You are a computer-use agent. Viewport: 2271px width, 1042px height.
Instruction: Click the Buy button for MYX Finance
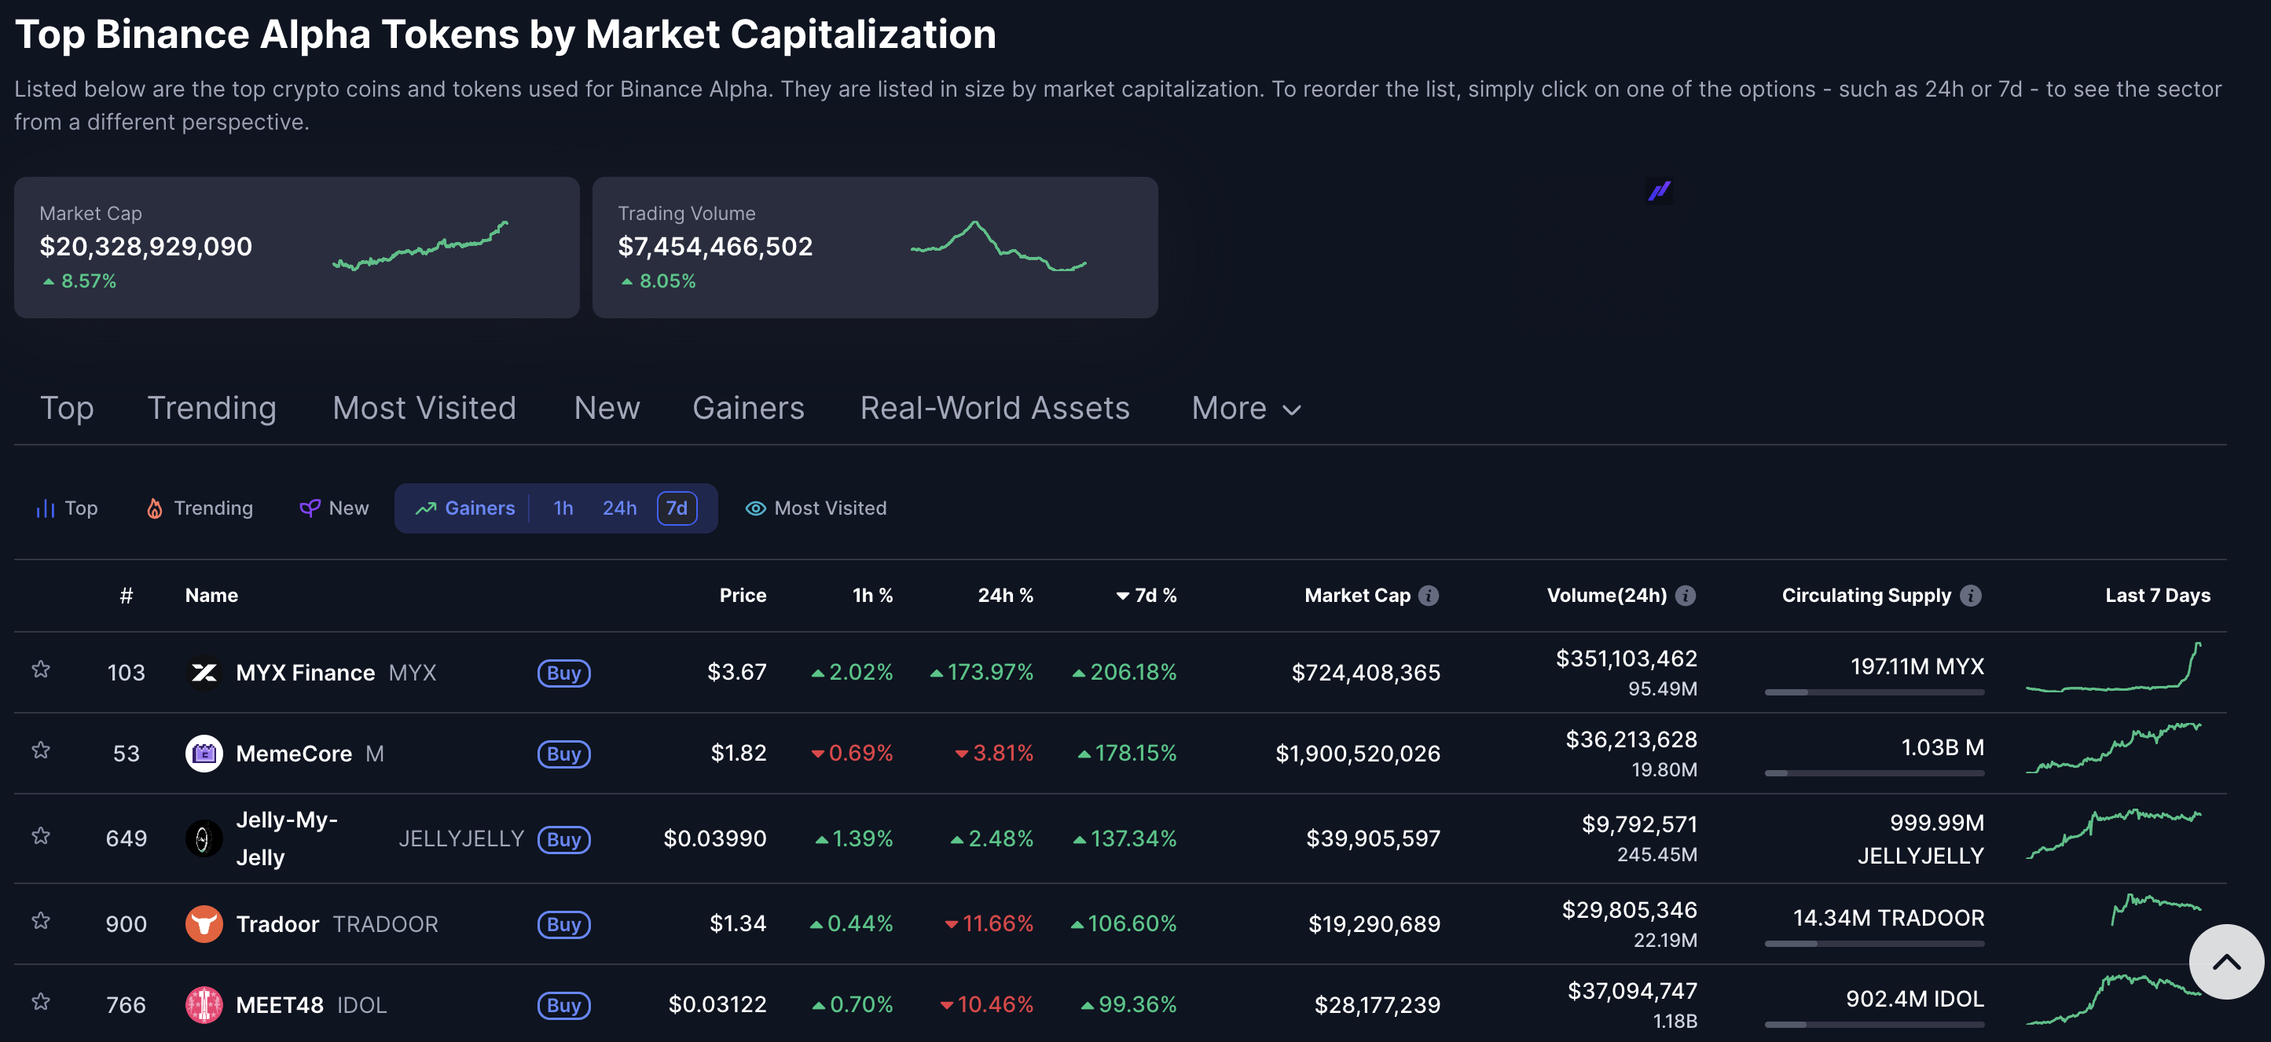(x=563, y=673)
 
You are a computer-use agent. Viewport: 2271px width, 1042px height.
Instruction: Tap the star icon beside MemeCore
(x=41, y=750)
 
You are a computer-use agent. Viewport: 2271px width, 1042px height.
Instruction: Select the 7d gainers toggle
(x=676, y=508)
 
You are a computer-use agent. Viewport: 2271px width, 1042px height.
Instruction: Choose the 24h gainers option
(x=619, y=508)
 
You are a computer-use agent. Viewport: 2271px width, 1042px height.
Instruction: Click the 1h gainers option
(x=563, y=508)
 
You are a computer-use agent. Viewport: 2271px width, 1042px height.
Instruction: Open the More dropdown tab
(x=1245, y=408)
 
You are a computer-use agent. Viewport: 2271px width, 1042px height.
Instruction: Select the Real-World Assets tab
(x=993, y=408)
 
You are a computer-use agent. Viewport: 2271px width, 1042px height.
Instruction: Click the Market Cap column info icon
(x=1428, y=596)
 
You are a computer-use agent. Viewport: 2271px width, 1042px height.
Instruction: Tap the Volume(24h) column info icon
(x=1685, y=596)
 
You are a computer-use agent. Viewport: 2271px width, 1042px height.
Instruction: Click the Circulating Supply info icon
(x=1970, y=596)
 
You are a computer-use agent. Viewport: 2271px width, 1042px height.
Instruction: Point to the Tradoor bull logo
(x=204, y=924)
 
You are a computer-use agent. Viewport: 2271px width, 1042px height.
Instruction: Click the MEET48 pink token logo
(x=204, y=1004)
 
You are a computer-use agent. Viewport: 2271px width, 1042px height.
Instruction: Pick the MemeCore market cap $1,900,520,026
(x=1357, y=754)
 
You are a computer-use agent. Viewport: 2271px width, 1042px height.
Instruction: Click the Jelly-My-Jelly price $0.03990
(x=714, y=838)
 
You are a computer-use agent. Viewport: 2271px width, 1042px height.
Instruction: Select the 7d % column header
(x=1147, y=596)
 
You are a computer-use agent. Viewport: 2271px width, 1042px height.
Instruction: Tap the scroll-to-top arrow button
(x=2225, y=961)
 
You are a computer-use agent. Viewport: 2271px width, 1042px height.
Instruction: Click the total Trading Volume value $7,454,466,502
(x=714, y=247)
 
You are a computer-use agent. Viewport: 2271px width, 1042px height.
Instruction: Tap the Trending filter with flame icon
(x=200, y=508)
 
